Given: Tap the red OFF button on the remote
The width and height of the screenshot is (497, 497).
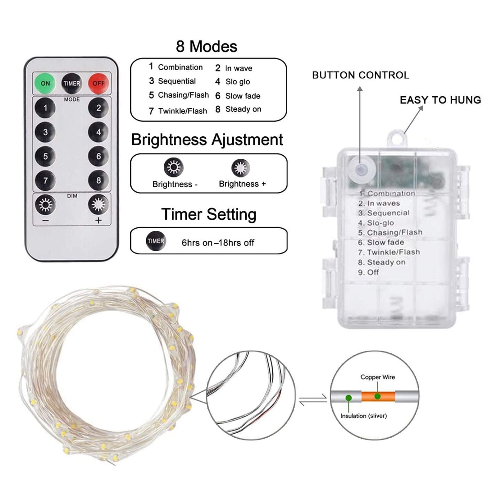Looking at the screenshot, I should pyautogui.click(x=98, y=83).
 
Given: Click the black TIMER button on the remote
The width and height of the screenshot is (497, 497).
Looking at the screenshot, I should pyautogui.click(x=72, y=83).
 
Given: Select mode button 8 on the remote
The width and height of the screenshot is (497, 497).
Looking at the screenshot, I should pyautogui.click(x=98, y=180).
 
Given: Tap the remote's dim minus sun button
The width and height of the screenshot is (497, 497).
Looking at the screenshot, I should pyautogui.click(x=45, y=204).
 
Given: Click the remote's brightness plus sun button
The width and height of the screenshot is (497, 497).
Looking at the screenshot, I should pyautogui.click(x=98, y=204).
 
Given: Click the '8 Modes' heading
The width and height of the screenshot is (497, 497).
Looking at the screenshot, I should pyautogui.click(x=207, y=47).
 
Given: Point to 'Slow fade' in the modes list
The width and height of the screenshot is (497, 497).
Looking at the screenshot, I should pyautogui.click(x=243, y=96).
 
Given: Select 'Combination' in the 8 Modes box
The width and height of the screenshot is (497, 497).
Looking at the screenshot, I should pyautogui.click(x=180, y=67).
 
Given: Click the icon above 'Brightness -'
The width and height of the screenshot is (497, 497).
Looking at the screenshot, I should pyautogui.click(x=174, y=167).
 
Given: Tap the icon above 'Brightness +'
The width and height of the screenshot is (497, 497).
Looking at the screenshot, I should pyautogui.click(x=240, y=168).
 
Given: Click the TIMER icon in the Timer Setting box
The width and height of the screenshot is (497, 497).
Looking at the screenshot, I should pyautogui.click(x=156, y=241).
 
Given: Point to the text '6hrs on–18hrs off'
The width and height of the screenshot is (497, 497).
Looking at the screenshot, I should pyautogui.click(x=218, y=243).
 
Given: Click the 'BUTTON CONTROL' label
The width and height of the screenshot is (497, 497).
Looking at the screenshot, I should pyautogui.click(x=361, y=75).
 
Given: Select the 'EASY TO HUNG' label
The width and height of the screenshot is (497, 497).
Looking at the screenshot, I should pyautogui.click(x=440, y=100).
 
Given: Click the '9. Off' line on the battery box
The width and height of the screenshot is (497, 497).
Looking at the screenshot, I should pyautogui.click(x=368, y=272).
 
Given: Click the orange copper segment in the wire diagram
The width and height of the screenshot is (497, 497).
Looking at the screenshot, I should pyautogui.click(x=378, y=397).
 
